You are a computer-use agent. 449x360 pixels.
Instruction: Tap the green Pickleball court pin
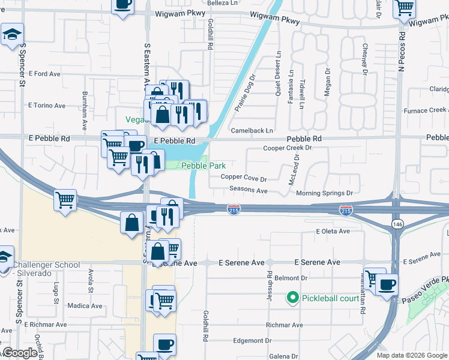[x=293, y=297]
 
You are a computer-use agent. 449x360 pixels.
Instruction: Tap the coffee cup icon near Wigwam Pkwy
[x=123, y=5]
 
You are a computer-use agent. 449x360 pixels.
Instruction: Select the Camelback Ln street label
[x=252, y=131]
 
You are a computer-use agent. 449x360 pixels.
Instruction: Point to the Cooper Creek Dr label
[x=288, y=148]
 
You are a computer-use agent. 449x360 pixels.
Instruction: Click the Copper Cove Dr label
[x=243, y=178]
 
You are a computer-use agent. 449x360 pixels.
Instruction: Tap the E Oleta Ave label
[x=333, y=231]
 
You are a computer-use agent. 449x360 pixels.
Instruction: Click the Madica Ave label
[x=85, y=305]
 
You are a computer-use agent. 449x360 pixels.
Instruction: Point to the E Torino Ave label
[x=47, y=106]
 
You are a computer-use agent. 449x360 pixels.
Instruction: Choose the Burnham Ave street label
[x=85, y=106]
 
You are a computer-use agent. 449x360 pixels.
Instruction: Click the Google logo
[x=20, y=353]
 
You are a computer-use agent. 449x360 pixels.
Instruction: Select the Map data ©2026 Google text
[x=411, y=355]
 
